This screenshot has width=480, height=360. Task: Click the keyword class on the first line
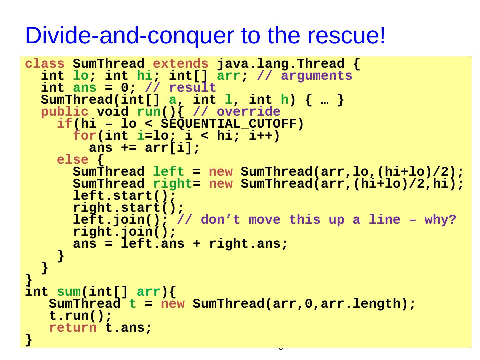(x=45, y=64)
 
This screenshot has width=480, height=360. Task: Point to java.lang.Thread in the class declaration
(x=280, y=64)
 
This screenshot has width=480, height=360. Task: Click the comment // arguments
(x=305, y=76)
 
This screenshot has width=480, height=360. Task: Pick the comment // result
(x=181, y=88)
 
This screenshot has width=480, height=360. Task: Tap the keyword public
(x=65, y=112)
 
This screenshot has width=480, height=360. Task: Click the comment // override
(x=237, y=112)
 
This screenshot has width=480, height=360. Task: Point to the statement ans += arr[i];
(x=144, y=148)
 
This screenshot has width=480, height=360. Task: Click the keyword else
(x=73, y=160)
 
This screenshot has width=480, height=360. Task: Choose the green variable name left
(x=168, y=172)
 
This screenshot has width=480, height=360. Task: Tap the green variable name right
(x=172, y=184)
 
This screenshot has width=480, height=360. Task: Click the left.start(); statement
(x=124, y=196)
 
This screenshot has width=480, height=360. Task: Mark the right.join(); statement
(x=124, y=232)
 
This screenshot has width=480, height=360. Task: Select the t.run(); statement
(x=80, y=316)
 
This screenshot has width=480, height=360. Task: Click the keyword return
(x=73, y=328)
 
